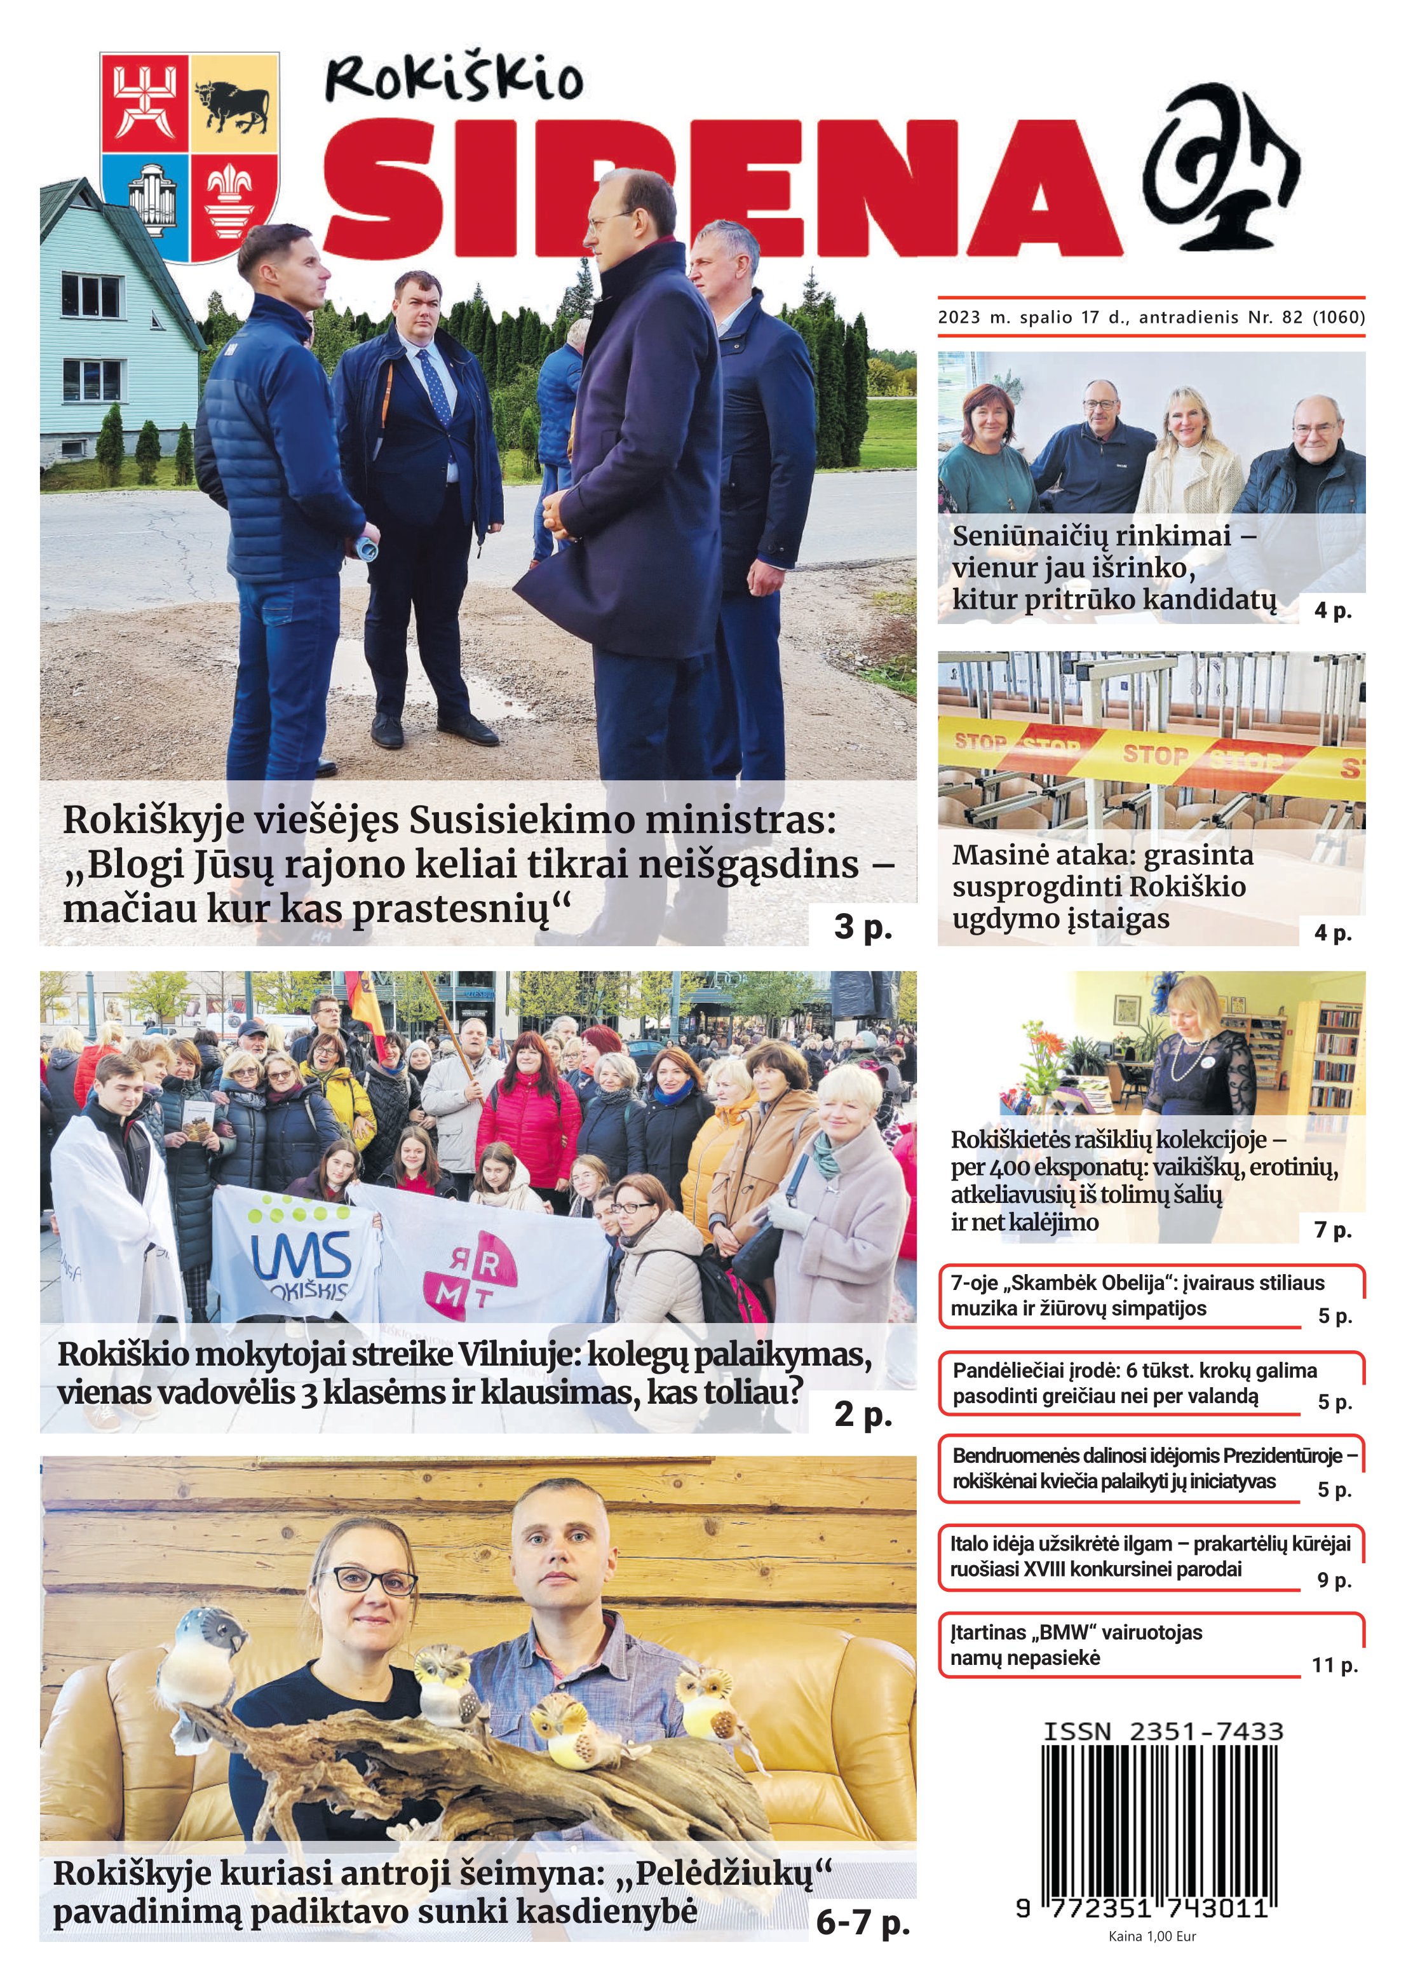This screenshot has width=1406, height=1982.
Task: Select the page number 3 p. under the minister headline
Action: [x=862, y=926]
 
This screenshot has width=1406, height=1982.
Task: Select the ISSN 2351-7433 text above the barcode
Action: [x=1163, y=1731]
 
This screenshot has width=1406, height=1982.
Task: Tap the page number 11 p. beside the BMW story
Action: [x=1334, y=1664]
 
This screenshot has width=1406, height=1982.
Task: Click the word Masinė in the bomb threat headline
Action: [x=996, y=855]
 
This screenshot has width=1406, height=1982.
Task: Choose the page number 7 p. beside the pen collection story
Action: [x=1332, y=1229]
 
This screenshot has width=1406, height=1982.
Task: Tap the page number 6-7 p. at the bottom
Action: [x=862, y=1922]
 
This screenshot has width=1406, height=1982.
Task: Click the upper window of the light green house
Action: [x=90, y=294]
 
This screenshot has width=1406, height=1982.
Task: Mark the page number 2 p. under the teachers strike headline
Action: [x=862, y=1413]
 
